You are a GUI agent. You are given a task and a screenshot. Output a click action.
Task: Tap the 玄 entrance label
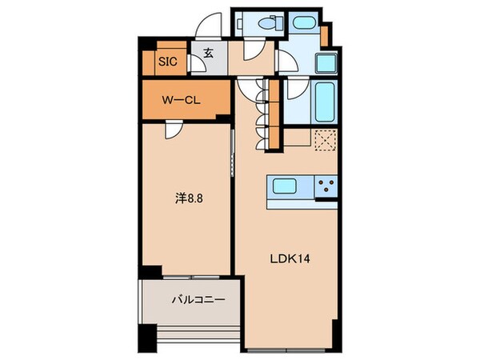coord(207,54)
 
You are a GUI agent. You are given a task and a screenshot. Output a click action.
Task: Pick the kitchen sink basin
coord(286,187)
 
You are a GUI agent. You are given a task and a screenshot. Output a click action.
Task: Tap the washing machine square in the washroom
coord(326,64)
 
